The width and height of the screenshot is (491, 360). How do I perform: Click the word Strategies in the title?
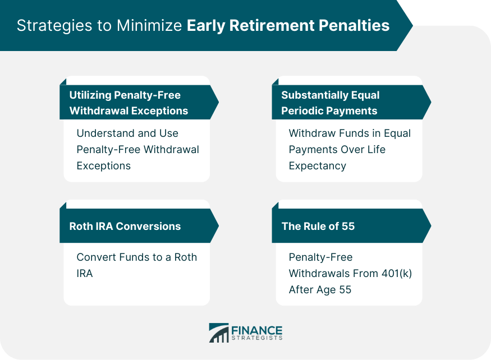coord(54,26)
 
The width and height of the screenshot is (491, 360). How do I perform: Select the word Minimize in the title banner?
coord(149,25)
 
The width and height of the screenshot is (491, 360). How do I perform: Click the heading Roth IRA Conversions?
coord(125,226)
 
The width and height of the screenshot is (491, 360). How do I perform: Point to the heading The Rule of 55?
coord(318,226)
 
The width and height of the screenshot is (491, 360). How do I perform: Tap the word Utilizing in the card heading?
coord(90,95)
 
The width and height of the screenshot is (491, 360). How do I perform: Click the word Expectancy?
coord(318,166)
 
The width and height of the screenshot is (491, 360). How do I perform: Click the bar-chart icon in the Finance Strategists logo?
coord(219,333)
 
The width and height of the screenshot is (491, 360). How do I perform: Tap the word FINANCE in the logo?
coord(257,330)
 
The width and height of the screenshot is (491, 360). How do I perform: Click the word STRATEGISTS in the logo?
coord(257,338)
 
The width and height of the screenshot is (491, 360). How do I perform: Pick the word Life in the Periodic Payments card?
coord(377,150)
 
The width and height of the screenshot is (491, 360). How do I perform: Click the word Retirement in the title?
coord(272,25)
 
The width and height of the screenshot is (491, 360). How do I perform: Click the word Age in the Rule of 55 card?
coord(326,290)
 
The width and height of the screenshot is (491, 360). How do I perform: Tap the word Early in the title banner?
coord(206,26)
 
